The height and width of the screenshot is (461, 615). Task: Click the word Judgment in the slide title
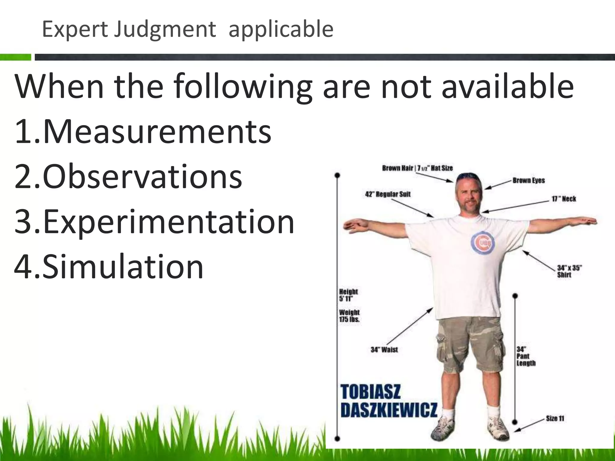165,30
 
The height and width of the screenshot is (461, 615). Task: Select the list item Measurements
143,131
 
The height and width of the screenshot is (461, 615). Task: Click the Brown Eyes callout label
529,181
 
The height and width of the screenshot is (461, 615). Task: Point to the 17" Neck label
564,199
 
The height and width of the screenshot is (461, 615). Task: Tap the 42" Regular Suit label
388,194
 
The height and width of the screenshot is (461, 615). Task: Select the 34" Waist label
384,350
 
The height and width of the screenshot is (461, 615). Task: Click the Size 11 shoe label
555,418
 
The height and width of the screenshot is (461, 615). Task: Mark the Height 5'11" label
348,295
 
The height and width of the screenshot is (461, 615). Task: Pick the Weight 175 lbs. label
349,316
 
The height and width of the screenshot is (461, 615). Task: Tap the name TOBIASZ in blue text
371,392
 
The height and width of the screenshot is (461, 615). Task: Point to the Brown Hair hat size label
417,168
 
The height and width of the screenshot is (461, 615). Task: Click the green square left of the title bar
16,57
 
